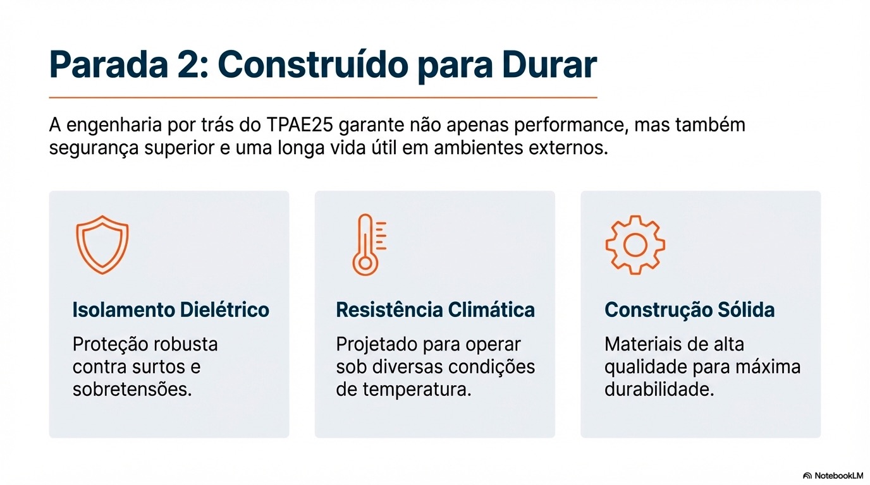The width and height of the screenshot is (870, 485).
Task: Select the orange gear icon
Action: click(x=635, y=244)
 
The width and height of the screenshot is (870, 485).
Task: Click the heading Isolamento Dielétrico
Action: click(x=171, y=310)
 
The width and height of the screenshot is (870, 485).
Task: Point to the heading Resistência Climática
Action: click(x=435, y=310)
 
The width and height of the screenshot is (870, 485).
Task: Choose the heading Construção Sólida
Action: click(x=690, y=310)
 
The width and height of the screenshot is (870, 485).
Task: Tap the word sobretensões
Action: click(x=132, y=389)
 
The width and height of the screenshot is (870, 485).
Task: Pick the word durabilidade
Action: click(x=659, y=389)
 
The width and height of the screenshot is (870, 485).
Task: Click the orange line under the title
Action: click(x=322, y=98)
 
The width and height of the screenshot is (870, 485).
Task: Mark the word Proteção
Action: click(x=108, y=345)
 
